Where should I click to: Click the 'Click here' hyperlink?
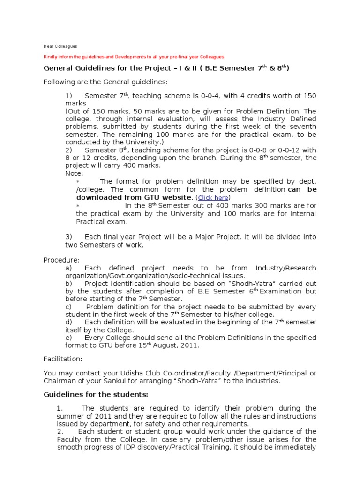(x=213, y=198)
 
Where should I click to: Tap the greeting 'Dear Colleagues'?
(x=60, y=46)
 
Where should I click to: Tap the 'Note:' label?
(x=74, y=173)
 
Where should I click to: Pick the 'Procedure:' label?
(x=61, y=260)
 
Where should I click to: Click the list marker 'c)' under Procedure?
(x=69, y=307)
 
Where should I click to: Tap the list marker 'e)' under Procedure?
(x=69, y=337)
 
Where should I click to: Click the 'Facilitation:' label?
(x=62, y=359)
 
